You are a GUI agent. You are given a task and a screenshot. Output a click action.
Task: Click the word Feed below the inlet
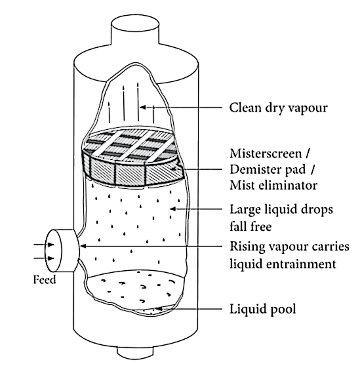pos(45,279)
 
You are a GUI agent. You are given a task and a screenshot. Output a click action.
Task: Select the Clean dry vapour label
pos(279,108)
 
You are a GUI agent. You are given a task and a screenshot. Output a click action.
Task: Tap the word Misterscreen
pos(266,153)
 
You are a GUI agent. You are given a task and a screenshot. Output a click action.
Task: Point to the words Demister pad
pos(268,169)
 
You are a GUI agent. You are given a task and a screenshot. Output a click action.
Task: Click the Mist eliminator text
pos(273,185)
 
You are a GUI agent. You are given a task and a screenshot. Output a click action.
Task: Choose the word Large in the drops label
pos(245,210)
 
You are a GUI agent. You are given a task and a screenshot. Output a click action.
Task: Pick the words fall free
pos(250,226)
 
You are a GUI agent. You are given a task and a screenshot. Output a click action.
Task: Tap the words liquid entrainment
pos(283,264)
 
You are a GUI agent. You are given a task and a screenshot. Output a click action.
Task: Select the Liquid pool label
pos(263,309)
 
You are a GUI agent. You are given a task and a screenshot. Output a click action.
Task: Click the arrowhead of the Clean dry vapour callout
pos(143,107)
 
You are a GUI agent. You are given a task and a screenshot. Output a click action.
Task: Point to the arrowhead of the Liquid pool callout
pos(158,309)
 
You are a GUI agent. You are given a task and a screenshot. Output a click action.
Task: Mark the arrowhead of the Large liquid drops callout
pos(172,209)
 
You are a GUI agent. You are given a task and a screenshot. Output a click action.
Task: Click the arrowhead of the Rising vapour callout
pos(83,246)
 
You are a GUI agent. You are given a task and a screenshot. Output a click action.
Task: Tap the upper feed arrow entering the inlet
pos(44,245)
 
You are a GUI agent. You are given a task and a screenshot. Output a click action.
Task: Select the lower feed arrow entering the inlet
pos(44,258)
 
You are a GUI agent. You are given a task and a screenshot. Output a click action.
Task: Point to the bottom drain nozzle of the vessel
pos(135,353)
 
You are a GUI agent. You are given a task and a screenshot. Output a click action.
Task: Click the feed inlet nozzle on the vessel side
pos(62,251)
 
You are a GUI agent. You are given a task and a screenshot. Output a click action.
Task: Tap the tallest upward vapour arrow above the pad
pos(138,102)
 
